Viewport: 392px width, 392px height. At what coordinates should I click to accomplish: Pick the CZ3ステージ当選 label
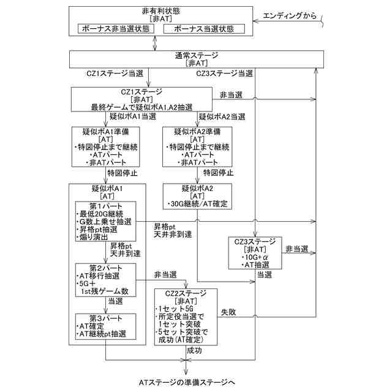tap(224, 73)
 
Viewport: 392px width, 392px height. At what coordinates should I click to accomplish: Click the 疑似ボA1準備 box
tap(107, 147)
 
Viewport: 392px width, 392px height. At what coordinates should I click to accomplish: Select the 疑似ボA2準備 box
tap(197, 147)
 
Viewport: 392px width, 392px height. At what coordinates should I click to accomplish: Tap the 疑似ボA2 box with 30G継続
tap(197, 195)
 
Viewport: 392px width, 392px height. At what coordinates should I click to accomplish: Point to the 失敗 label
tap(229, 312)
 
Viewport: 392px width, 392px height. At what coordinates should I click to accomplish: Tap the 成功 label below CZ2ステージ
tap(195, 351)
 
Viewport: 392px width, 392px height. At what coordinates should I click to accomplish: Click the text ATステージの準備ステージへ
tap(186, 383)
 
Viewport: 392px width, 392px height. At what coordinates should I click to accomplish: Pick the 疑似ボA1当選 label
tap(130, 116)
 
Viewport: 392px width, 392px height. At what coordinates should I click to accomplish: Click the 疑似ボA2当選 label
tap(221, 116)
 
